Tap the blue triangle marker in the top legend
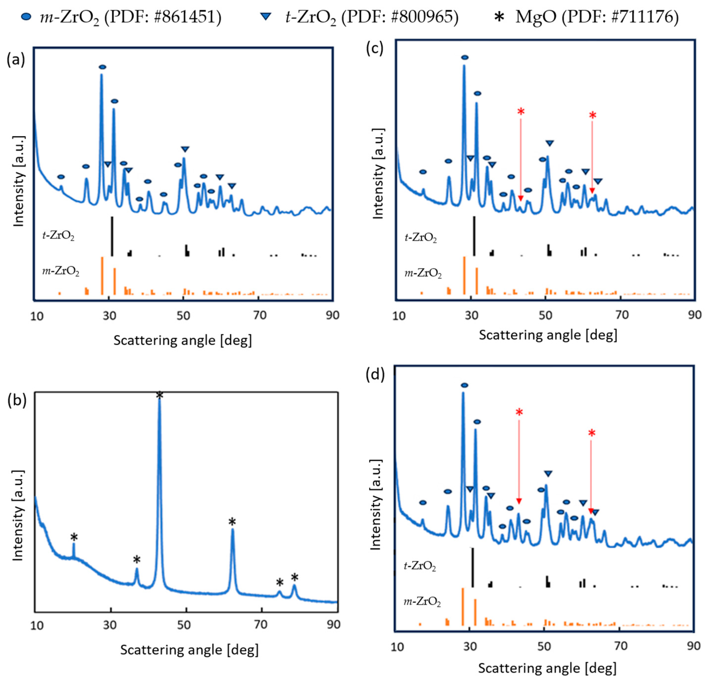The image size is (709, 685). point(266,16)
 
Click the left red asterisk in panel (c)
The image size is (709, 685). point(521,112)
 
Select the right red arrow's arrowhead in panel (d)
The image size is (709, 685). point(591,511)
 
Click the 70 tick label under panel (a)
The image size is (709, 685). point(260,315)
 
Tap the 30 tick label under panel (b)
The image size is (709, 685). point(109,625)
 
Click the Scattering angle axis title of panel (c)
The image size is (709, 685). point(548,335)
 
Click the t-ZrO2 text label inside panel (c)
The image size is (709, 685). point(420,238)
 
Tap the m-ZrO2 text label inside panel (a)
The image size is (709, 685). point(61,271)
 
